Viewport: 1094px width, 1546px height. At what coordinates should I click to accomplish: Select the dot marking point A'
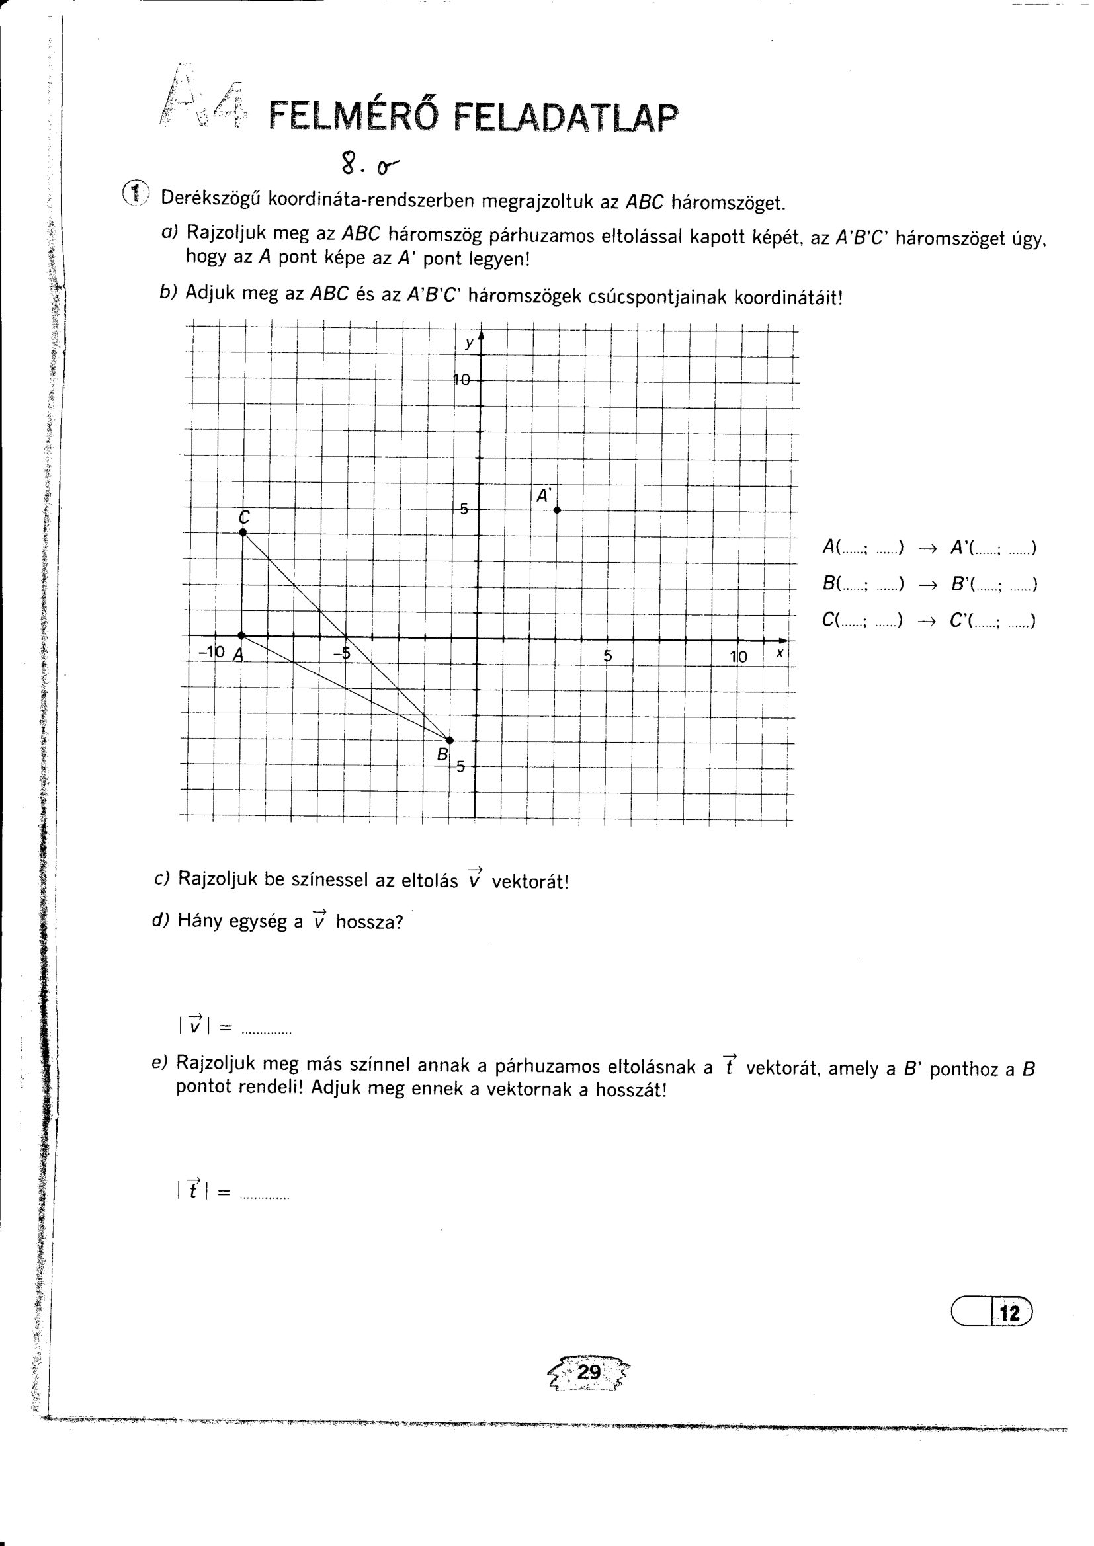557,510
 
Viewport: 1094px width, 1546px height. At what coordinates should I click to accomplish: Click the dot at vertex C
243,532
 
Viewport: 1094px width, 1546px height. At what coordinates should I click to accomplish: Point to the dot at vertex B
450,741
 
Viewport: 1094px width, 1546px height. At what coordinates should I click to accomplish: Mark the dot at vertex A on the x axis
242,635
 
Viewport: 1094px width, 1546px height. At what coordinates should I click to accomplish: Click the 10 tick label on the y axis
462,380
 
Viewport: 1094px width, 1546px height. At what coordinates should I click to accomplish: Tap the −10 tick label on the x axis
212,652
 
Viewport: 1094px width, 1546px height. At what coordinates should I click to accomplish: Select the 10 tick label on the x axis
738,657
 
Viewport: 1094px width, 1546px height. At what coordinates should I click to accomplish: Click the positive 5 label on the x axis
608,656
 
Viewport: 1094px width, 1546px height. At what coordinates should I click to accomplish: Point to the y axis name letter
469,343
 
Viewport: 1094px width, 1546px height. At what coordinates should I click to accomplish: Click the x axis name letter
779,653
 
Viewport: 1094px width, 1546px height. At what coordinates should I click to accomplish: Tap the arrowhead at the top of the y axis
481,334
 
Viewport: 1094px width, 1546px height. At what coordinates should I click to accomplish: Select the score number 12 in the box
1010,1313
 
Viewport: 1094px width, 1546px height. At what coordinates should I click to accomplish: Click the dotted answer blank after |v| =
266,1028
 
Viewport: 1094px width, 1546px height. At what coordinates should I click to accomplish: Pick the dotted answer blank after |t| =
265,1194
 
